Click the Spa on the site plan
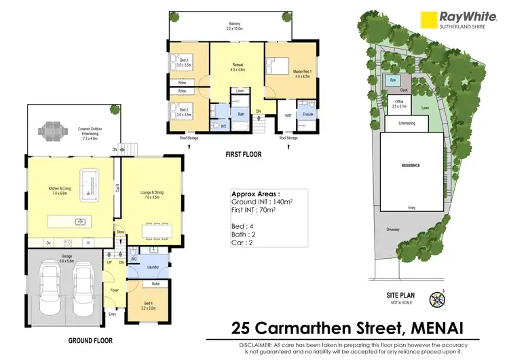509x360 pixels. click(x=393, y=80)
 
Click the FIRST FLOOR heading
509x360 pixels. click(x=243, y=155)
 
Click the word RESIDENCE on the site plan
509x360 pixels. click(x=410, y=166)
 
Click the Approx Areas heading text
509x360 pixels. click(x=256, y=193)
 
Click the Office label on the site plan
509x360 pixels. click(x=399, y=104)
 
